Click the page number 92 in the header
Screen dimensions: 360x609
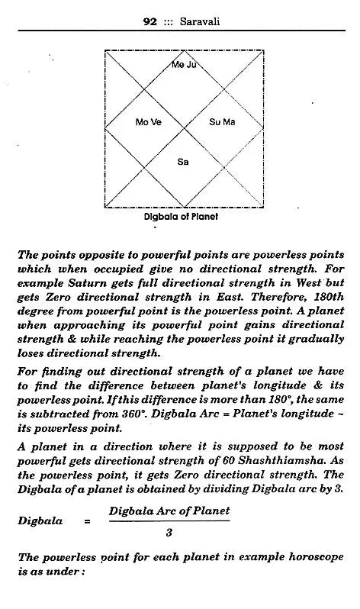pos(151,22)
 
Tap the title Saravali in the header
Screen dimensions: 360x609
pos(198,22)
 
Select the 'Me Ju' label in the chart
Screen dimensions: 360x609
pos(183,66)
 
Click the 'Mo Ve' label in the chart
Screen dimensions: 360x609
pos(148,122)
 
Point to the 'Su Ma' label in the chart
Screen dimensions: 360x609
pos(222,122)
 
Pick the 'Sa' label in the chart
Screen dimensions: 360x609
pos(183,161)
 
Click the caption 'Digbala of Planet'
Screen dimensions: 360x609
pos(182,217)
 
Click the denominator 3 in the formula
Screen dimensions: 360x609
pos(169,533)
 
